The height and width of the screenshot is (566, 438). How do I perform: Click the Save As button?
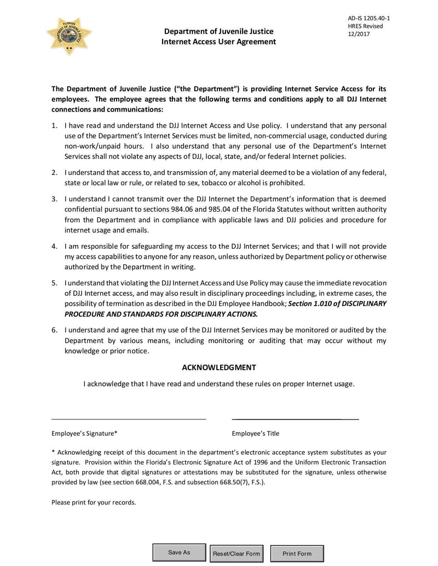click(x=178, y=552)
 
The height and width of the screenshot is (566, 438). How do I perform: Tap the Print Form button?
click(x=297, y=553)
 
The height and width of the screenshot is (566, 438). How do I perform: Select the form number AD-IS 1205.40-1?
click(x=369, y=18)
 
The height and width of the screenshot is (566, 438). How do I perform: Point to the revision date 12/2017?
click(x=359, y=34)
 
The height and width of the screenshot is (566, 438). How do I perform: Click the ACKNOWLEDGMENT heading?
click(x=218, y=367)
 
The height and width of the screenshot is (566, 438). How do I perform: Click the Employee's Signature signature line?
click(x=129, y=419)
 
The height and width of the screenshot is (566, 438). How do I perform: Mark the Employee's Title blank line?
click(x=295, y=419)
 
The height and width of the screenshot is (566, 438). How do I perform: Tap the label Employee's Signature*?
click(x=84, y=434)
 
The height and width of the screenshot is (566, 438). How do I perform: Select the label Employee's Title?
click(x=255, y=434)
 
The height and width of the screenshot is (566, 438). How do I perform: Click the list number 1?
click(x=54, y=126)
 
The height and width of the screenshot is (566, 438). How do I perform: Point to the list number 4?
click(x=54, y=247)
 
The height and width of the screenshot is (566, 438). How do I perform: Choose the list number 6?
click(x=54, y=330)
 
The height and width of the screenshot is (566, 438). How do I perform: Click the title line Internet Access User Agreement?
click(x=218, y=42)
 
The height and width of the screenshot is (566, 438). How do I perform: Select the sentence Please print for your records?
click(x=94, y=502)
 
